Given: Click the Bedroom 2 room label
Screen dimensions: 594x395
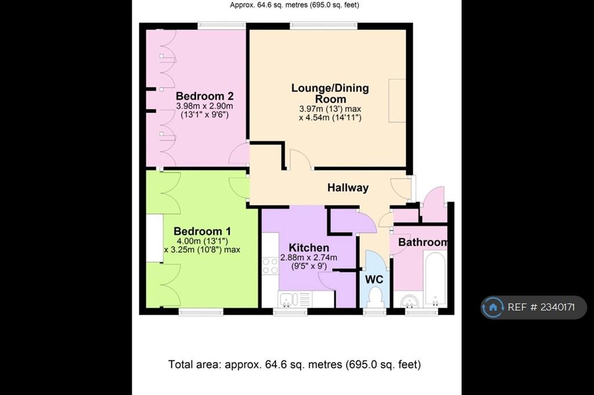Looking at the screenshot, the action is click(204, 96).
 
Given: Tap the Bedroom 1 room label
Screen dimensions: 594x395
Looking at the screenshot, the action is click(202, 231).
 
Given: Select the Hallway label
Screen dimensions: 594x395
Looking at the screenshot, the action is click(348, 188).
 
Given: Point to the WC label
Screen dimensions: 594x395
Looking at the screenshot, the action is click(374, 280).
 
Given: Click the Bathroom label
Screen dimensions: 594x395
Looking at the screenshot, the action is click(423, 242).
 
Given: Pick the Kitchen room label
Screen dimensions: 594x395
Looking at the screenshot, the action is click(309, 248).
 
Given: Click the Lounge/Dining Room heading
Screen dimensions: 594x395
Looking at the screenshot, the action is click(330, 93).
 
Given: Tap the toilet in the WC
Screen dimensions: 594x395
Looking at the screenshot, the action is click(374, 297).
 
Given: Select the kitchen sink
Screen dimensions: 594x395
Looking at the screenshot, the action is click(289, 299).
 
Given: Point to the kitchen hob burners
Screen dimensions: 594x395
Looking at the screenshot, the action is click(270, 266).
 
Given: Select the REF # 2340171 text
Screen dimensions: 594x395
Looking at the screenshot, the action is click(541, 307).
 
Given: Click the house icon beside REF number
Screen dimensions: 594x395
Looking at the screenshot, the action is click(493, 307).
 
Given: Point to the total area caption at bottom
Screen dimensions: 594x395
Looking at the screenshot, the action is click(294, 364).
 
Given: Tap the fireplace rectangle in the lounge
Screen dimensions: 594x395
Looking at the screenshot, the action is click(397, 101).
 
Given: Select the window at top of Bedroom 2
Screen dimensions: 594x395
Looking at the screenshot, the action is click(222, 25).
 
